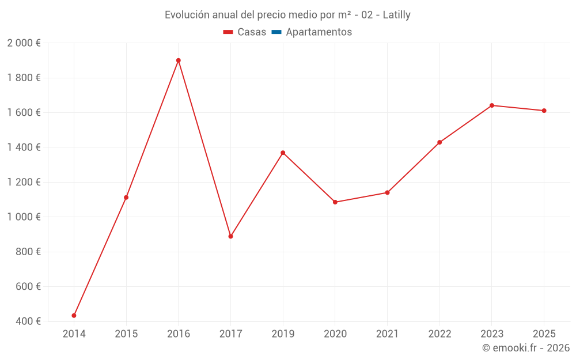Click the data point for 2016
[179, 60]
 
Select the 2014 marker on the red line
[74, 316]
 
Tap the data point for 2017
[230, 236]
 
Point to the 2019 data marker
[283, 153]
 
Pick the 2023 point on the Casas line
[492, 105]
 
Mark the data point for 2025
[544, 111]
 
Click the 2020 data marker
[335, 202]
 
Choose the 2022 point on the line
[439, 142]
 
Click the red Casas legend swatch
[228, 32]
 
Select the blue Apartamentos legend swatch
[276, 32]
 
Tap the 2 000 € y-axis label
[24, 43]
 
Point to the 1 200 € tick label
[24, 182]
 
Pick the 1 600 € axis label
[24, 112]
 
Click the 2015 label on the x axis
[126, 334]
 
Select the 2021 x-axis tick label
[387, 334]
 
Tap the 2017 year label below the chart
[230, 334]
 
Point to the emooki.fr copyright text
[525, 348]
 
